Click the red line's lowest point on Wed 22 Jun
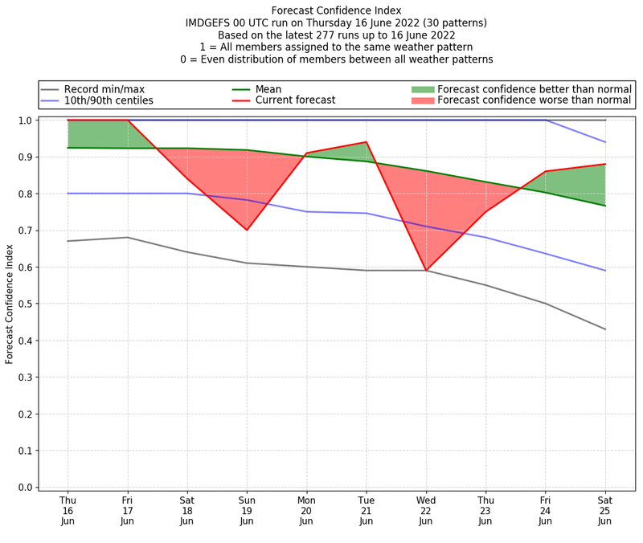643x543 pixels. [x=426, y=271]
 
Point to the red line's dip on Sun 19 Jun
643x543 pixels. [x=247, y=230]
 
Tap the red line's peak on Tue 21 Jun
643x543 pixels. [x=367, y=142]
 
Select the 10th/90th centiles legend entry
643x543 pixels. [x=109, y=101]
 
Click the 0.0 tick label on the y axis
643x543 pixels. [x=25, y=488]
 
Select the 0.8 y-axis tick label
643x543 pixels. [x=25, y=194]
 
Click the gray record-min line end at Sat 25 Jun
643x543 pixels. [x=605, y=329]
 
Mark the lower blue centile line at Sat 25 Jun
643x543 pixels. [x=605, y=271]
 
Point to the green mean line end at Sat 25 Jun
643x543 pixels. [x=605, y=206]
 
